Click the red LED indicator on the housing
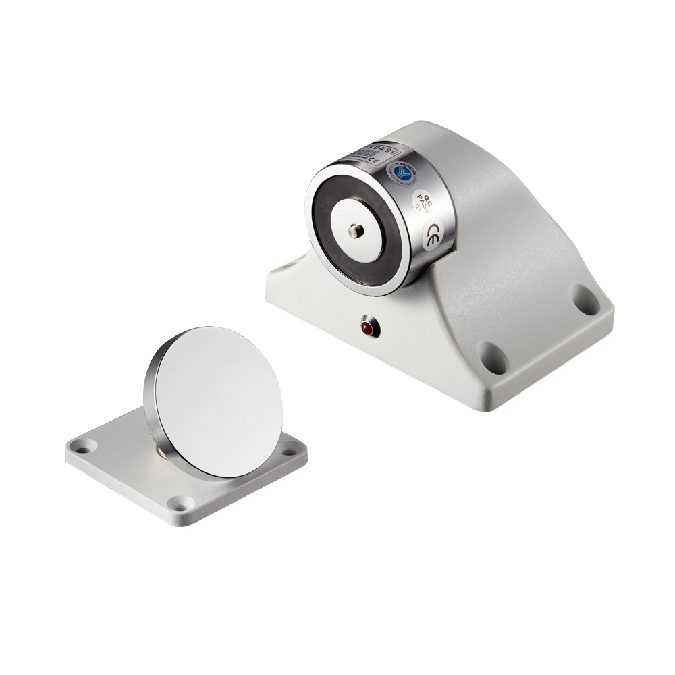click(369, 329)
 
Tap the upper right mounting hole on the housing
click(583, 296)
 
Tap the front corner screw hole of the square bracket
click(179, 503)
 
